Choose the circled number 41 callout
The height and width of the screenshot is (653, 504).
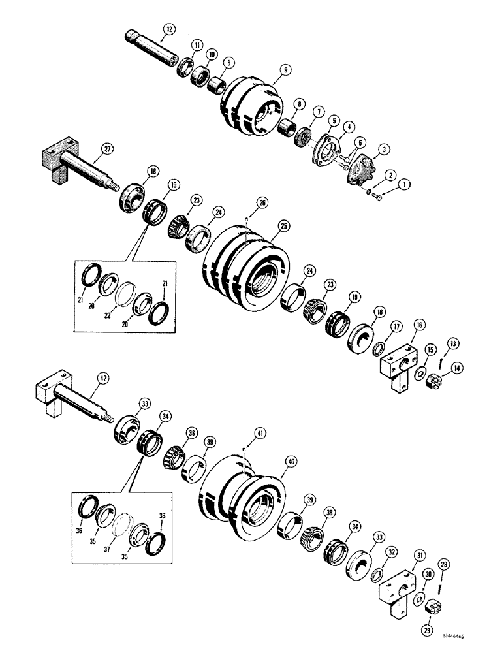coord(243,432)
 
